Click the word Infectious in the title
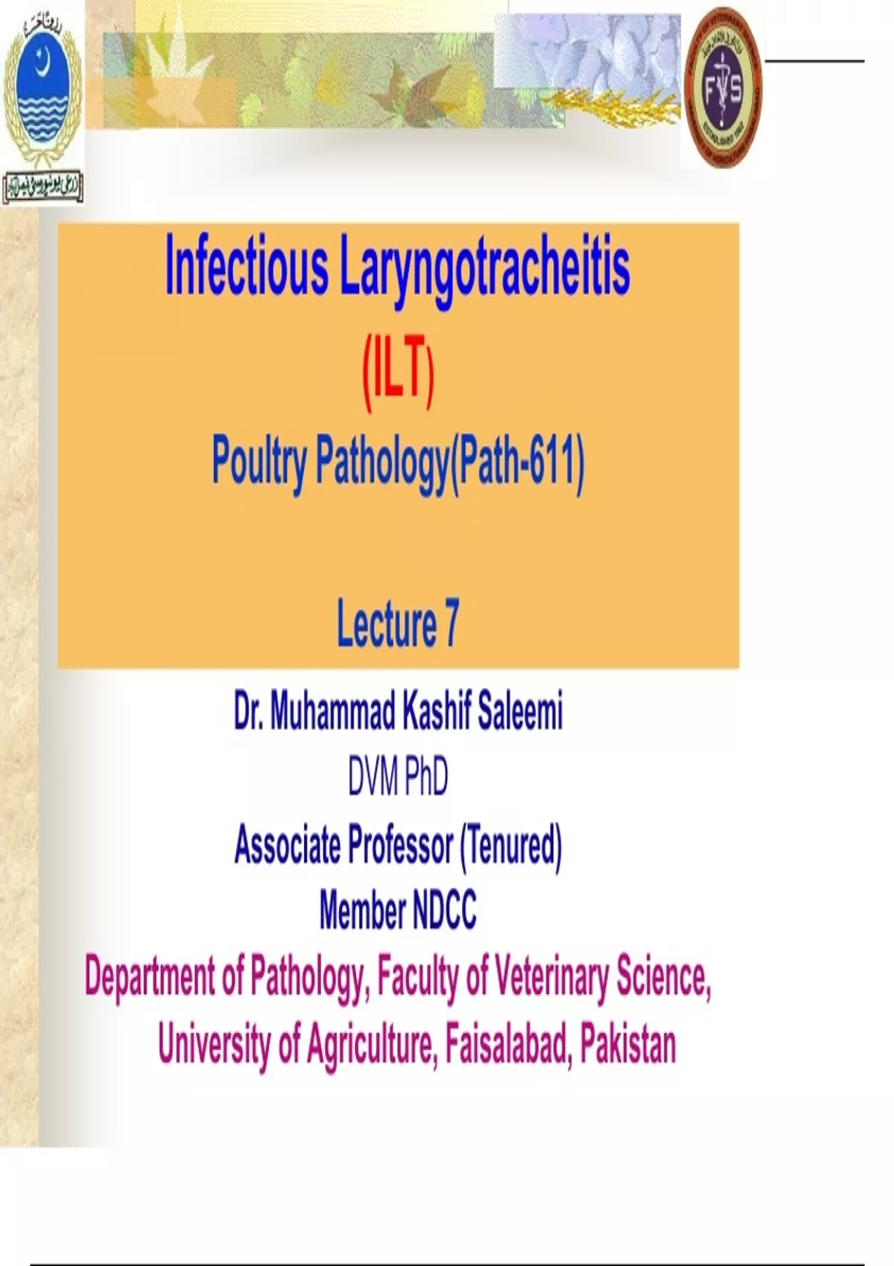coord(246,266)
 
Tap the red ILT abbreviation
coord(398,377)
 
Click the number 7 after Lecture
coord(451,625)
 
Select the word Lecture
coord(387,625)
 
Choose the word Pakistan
coord(627,1044)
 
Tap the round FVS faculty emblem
coord(723,87)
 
